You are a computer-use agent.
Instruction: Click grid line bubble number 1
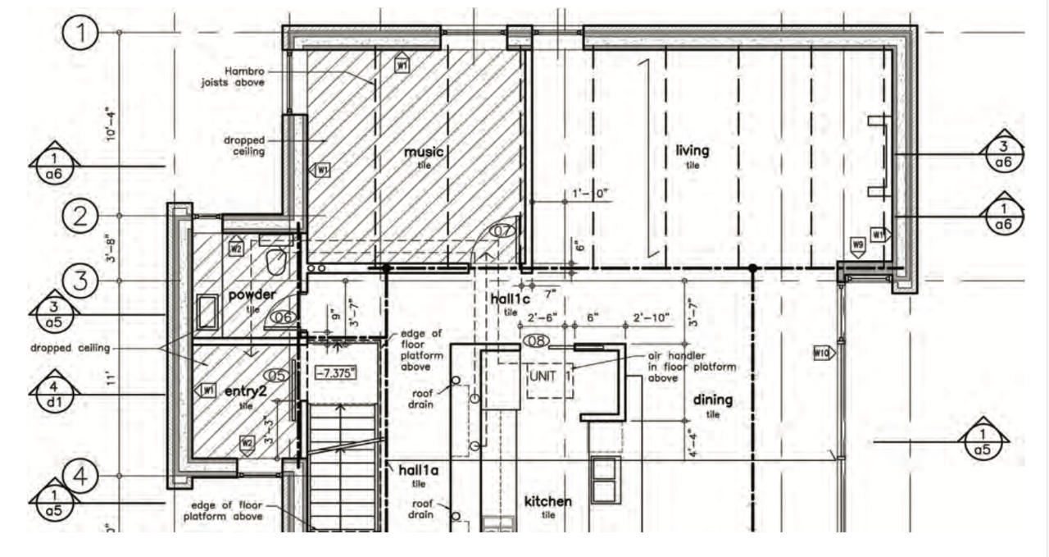(x=82, y=34)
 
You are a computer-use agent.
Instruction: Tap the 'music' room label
(x=424, y=153)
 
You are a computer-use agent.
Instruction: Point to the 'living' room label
(x=693, y=151)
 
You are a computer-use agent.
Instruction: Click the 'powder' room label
(x=252, y=294)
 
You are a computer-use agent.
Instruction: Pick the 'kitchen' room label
(x=548, y=501)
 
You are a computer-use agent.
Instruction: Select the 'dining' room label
(x=712, y=400)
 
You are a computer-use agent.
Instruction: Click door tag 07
(x=502, y=231)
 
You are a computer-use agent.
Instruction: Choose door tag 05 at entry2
(x=279, y=376)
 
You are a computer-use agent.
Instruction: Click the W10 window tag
(x=821, y=353)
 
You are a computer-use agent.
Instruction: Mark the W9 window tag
(x=858, y=244)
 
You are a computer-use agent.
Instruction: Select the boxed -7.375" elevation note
(x=337, y=372)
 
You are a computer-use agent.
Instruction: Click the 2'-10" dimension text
(x=652, y=317)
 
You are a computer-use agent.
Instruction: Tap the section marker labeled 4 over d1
(x=54, y=393)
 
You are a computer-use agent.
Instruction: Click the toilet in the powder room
(x=275, y=262)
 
